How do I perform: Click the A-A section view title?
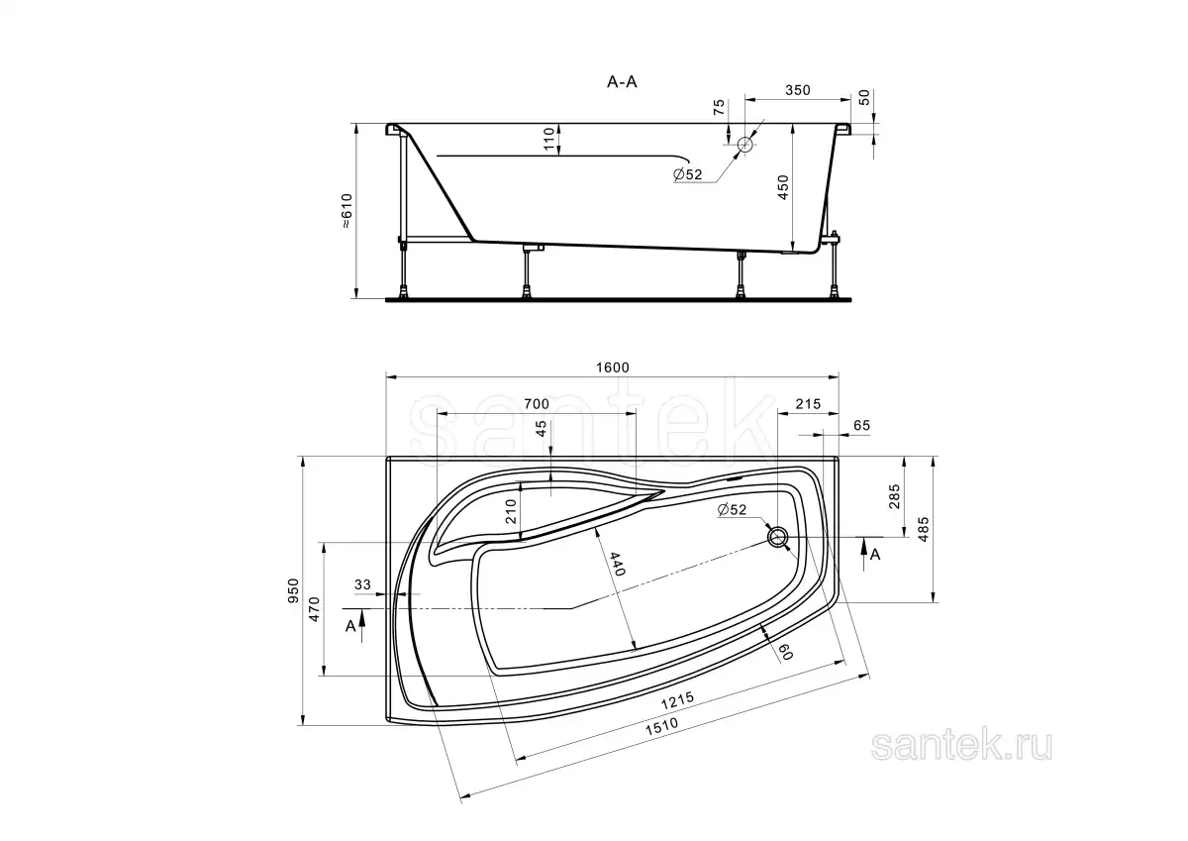pos(622,81)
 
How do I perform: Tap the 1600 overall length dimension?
pos(613,368)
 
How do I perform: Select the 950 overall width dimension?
pos(293,590)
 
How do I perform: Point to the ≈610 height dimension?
pos(346,211)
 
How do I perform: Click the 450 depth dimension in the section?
pos(783,187)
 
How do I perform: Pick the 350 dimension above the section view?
pos(798,90)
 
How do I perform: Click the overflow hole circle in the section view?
pos(745,145)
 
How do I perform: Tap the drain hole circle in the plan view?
pos(777,537)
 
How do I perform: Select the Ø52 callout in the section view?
pos(688,174)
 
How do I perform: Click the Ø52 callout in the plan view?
pos(732,509)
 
